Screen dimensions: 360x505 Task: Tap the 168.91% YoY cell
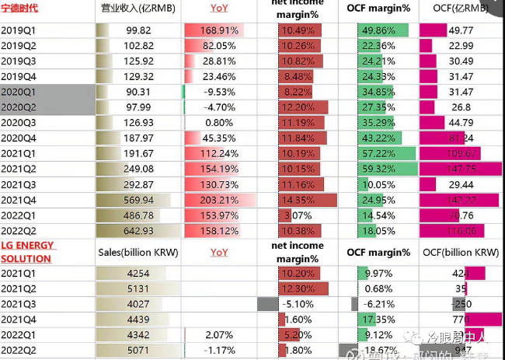[213, 30]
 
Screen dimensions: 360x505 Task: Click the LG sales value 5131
[138, 288]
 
